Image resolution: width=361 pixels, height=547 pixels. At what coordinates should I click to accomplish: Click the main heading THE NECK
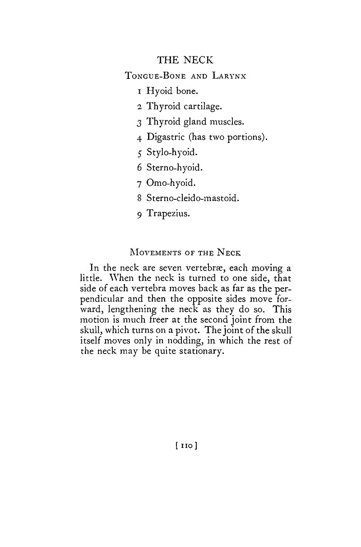[185, 60]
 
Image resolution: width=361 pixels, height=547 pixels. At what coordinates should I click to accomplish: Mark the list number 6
[140, 168]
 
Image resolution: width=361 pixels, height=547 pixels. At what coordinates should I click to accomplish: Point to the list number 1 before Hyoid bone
[140, 91]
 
